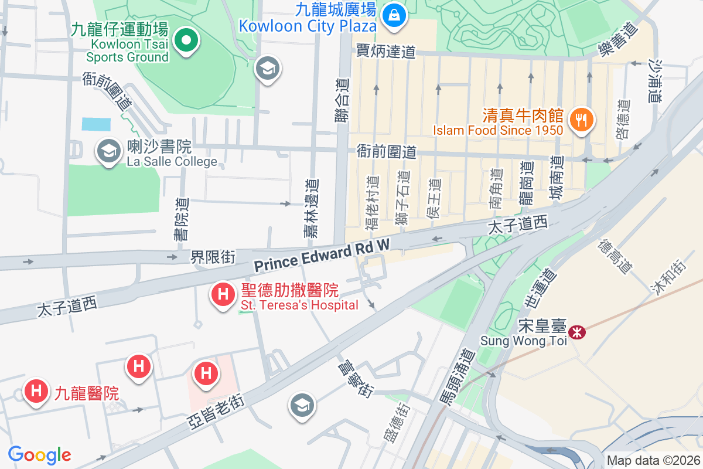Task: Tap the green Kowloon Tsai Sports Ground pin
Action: (186, 41)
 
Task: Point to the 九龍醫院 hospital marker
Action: (36, 391)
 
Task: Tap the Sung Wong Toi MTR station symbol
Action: (578, 332)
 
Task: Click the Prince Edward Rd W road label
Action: (322, 256)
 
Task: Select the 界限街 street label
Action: (213, 257)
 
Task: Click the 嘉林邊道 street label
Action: (311, 208)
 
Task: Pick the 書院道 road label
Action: (182, 219)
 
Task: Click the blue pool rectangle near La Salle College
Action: (96, 124)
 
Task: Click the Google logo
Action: (40, 454)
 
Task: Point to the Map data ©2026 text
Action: (653, 461)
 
